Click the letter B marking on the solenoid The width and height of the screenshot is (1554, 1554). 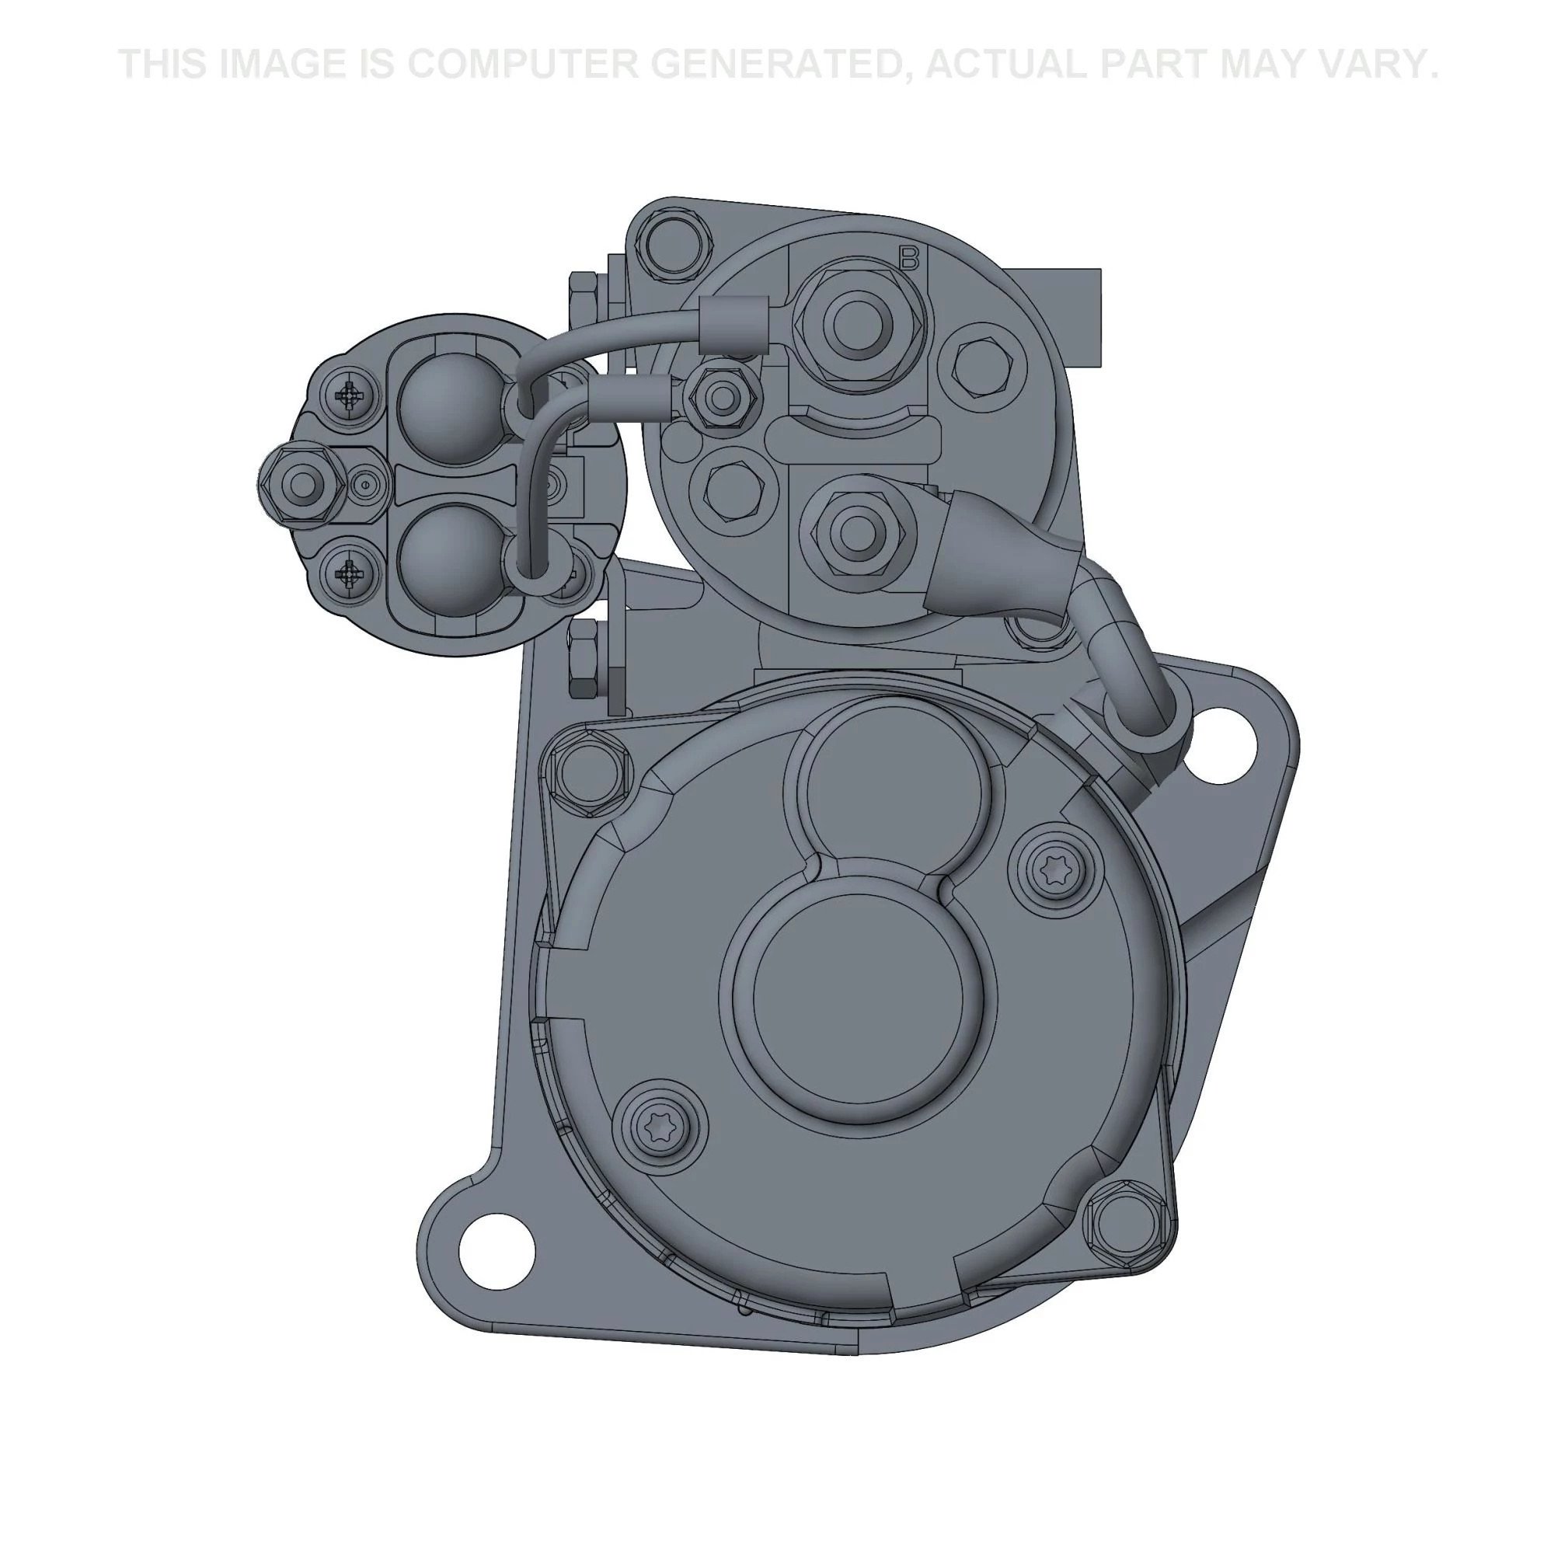coord(910,257)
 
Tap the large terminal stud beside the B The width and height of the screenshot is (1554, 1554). coord(859,322)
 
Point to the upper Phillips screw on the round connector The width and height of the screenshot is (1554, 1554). coord(350,395)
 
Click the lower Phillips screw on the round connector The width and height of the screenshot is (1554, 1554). coord(350,573)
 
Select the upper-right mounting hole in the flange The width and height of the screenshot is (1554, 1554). coord(1220,744)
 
